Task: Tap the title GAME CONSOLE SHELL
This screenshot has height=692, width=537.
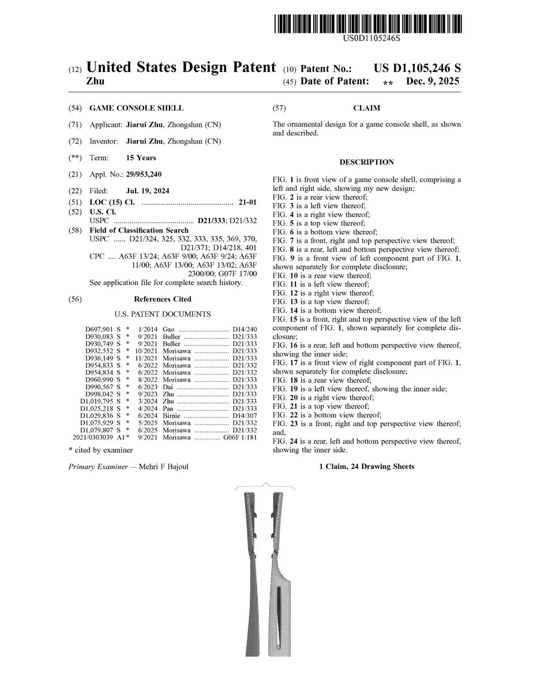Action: coord(136,108)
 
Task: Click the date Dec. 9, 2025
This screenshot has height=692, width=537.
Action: coord(433,82)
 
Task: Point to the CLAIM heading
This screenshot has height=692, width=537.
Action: coord(366,108)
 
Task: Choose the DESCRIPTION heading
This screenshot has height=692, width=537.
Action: coord(366,163)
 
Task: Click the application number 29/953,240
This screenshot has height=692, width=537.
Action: coord(144,174)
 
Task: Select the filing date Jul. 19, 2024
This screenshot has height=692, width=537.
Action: coord(148,191)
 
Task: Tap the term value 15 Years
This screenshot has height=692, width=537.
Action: coord(141,157)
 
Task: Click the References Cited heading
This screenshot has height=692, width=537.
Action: coord(162,299)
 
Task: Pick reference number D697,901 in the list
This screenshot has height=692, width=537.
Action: coord(99,329)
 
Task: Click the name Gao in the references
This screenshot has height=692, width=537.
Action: coord(168,329)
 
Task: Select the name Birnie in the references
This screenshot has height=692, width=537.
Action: coord(173,416)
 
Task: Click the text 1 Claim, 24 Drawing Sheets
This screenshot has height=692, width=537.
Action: coord(366,467)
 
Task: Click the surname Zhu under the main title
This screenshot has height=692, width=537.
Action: coord(95,82)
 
